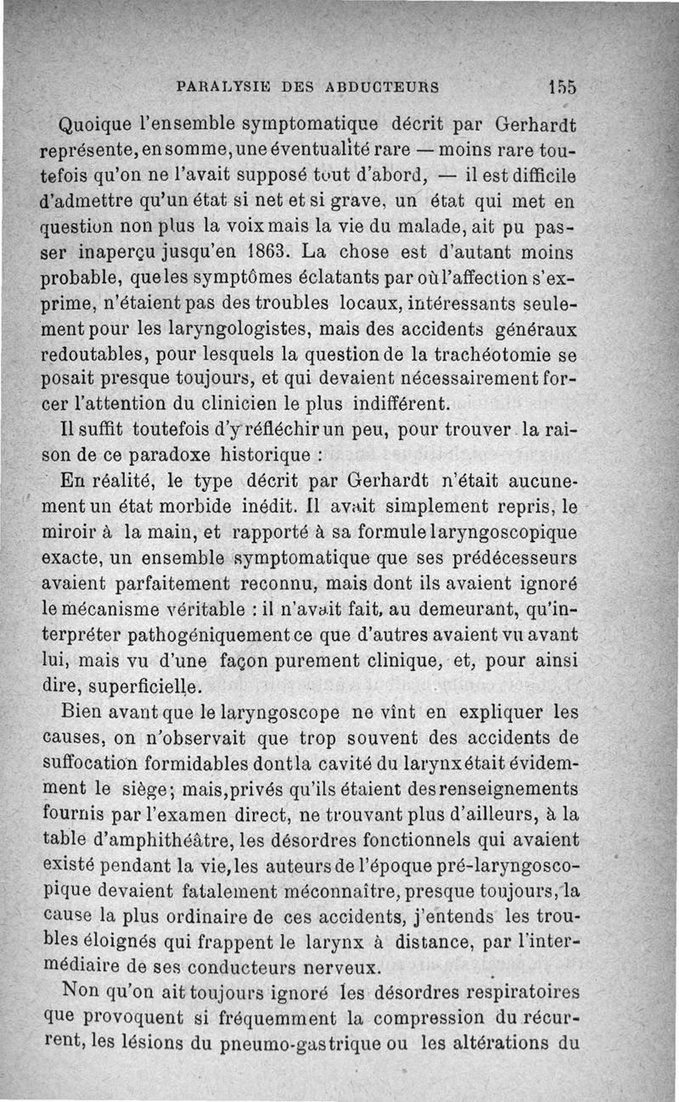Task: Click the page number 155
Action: click(562, 87)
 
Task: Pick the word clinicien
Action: click(272, 401)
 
